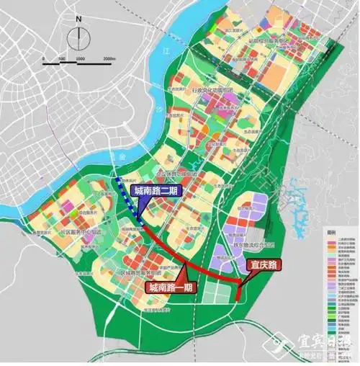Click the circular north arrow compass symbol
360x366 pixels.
click(78, 38)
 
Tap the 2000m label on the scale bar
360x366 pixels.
click(109, 58)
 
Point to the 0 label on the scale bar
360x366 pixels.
click(43, 58)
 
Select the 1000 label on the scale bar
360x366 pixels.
click(80, 58)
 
